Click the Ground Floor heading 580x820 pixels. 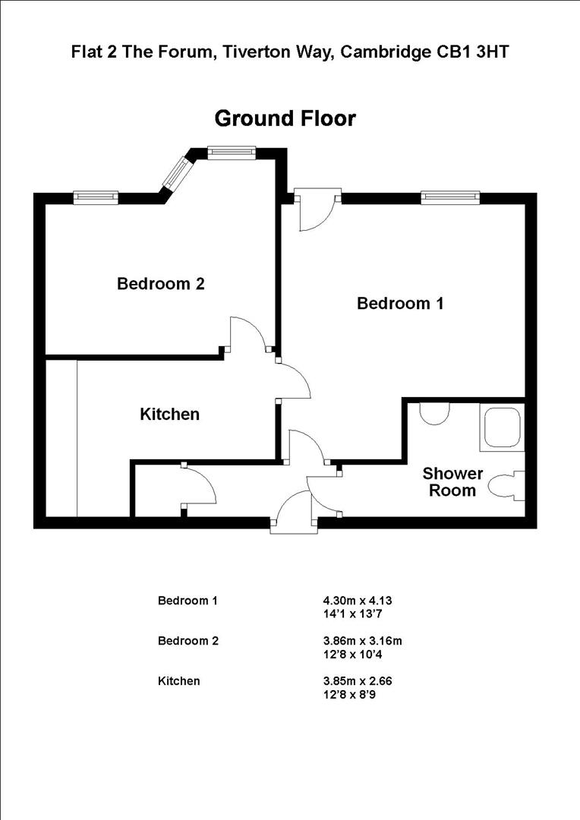click(x=285, y=119)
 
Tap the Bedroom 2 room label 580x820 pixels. click(x=160, y=284)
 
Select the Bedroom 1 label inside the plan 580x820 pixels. click(x=400, y=304)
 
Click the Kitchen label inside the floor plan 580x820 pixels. click(x=169, y=415)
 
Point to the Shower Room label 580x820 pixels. click(x=452, y=482)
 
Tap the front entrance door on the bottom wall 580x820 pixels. click(x=292, y=510)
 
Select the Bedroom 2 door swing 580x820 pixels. click(x=249, y=334)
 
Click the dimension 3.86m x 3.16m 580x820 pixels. click(x=363, y=641)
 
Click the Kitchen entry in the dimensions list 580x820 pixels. click(x=178, y=681)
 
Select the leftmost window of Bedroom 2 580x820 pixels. click(x=96, y=197)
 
